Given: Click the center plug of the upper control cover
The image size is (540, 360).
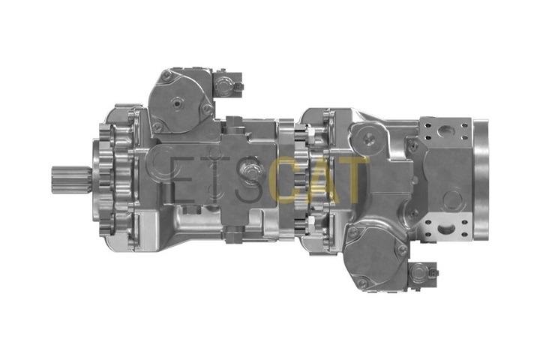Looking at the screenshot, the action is (176, 102).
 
